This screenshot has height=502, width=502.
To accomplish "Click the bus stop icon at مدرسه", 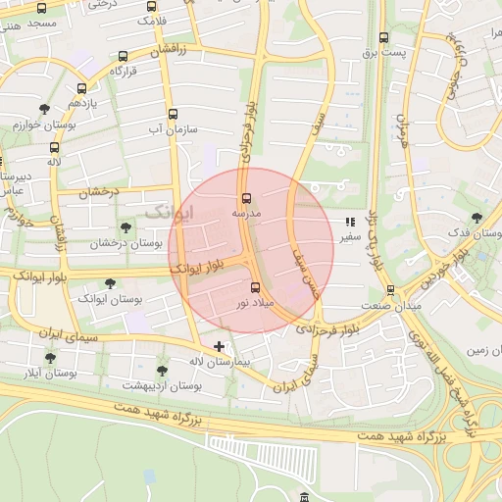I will [245, 196].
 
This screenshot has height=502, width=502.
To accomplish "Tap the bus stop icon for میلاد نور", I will [256, 287].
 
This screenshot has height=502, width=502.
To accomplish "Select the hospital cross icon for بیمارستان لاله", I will [219, 346].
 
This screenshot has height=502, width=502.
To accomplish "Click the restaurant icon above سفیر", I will [350, 223].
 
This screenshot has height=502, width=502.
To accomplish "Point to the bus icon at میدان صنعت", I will [390, 290].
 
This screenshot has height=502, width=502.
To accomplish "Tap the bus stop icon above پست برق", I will [383, 38].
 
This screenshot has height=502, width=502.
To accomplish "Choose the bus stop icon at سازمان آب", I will [174, 114].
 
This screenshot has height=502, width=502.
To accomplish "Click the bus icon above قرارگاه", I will [122, 57].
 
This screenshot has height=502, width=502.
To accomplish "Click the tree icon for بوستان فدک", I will [477, 218].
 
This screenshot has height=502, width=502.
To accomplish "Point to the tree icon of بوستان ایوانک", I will [109, 282].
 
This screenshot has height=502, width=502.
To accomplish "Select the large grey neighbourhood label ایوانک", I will [170, 212].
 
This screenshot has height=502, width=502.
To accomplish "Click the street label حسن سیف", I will [307, 260].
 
